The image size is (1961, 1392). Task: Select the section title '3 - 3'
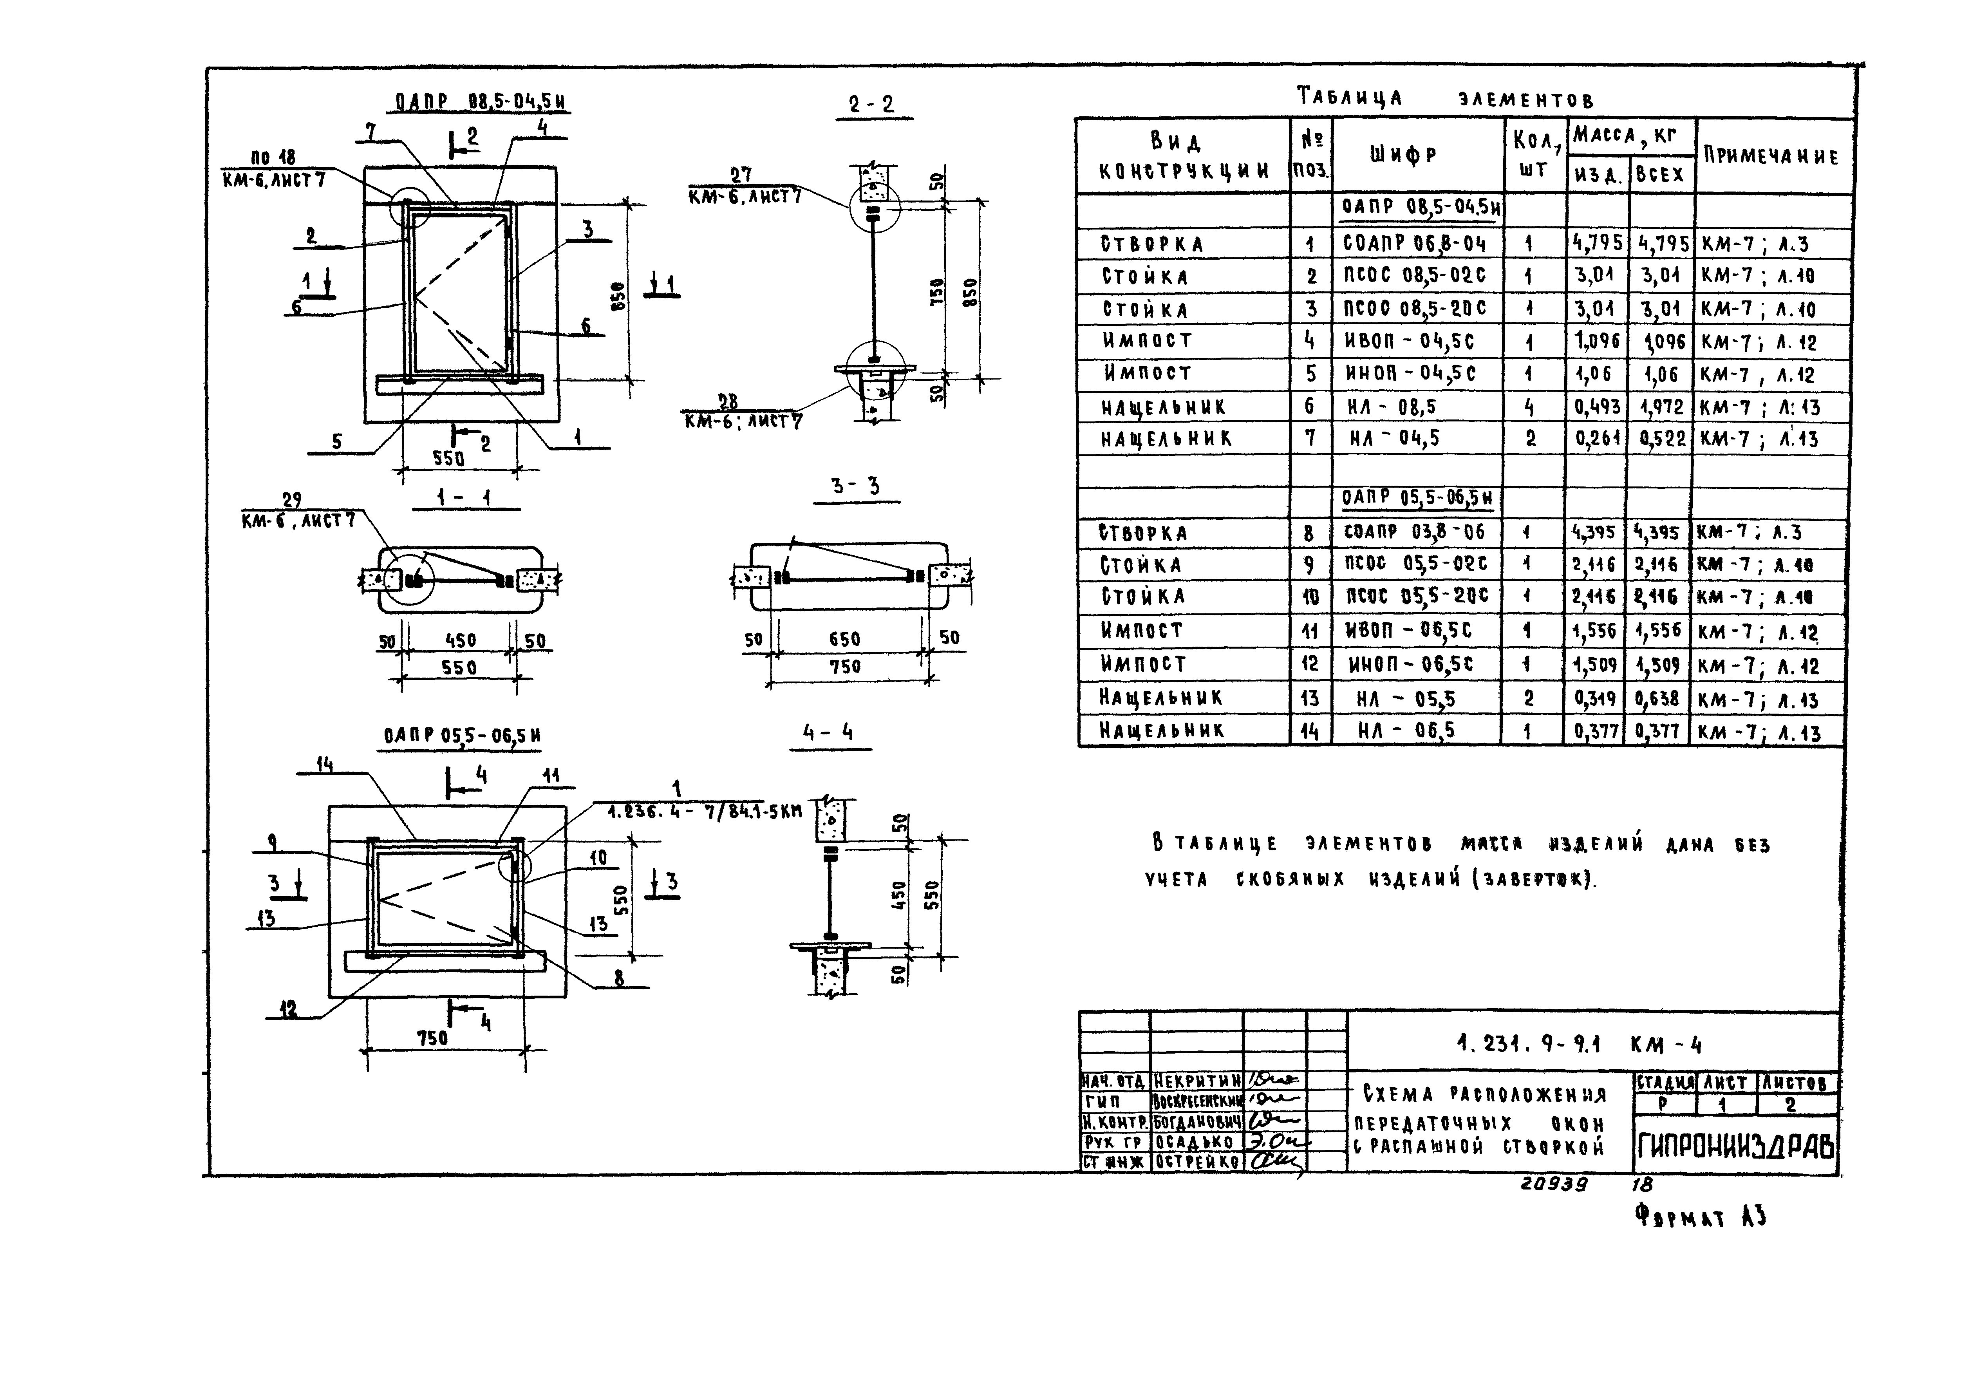click(x=855, y=486)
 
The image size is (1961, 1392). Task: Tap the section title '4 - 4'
click(x=828, y=733)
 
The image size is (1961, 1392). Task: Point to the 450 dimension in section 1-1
click(x=460, y=640)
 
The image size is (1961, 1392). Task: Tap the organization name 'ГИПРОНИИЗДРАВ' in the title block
click(x=1735, y=1146)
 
